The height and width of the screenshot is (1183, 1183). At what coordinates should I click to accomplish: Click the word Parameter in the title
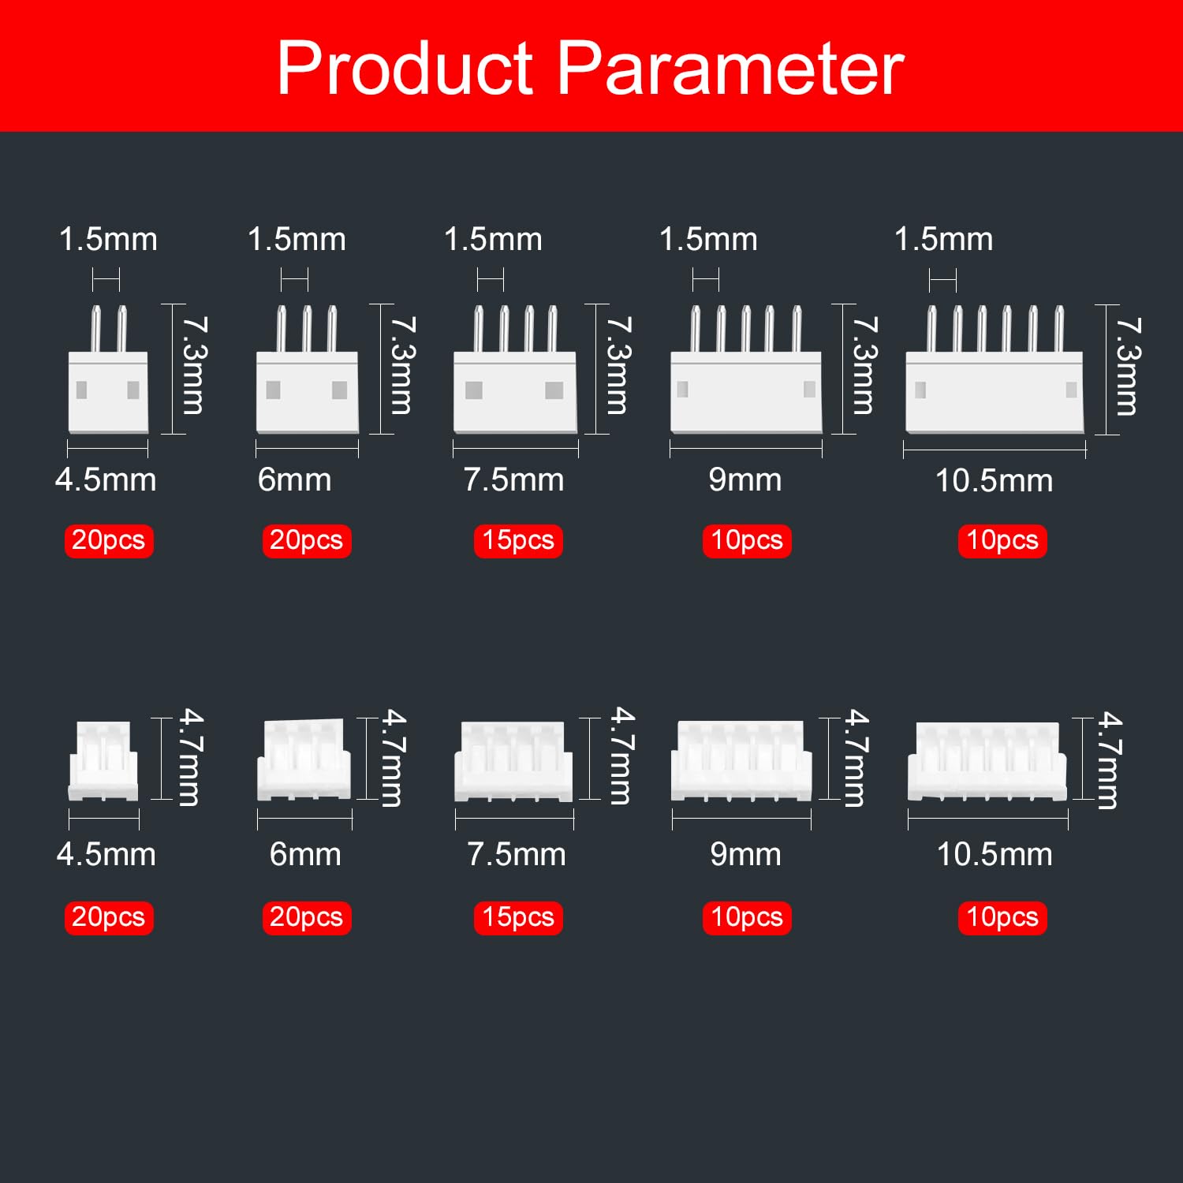tap(730, 69)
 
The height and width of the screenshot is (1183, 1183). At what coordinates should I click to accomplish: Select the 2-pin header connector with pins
tap(108, 371)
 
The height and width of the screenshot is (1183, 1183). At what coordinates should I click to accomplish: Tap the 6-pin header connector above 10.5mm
tap(995, 371)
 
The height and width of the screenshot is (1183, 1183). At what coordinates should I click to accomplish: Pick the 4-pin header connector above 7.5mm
tap(515, 371)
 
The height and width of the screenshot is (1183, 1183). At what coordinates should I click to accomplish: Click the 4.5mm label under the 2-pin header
tap(106, 480)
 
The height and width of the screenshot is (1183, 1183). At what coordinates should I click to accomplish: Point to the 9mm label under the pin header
tap(745, 480)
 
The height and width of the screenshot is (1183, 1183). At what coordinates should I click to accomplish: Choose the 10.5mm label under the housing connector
tap(994, 854)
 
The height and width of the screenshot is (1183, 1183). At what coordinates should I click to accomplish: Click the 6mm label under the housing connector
tap(305, 854)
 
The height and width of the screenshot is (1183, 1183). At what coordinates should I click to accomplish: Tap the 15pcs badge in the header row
tap(518, 541)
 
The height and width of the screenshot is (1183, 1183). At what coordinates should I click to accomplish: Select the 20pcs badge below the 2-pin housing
tap(109, 917)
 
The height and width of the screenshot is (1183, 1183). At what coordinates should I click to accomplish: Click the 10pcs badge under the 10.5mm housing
tap(1002, 917)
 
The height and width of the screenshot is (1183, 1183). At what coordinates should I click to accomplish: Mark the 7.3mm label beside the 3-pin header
tap(401, 366)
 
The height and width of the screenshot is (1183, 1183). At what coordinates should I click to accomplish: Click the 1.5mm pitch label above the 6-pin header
tap(943, 239)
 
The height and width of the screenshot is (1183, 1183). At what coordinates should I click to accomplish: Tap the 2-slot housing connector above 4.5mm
tap(103, 761)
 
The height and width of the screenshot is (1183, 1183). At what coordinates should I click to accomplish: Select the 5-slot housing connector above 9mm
tap(741, 761)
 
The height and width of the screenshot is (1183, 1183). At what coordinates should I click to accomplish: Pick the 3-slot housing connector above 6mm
tap(304, 759)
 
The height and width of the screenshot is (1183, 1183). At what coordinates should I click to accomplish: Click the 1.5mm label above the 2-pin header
tap(108, 239)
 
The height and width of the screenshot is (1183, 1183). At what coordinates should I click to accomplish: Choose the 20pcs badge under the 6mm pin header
tap(307, 541)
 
